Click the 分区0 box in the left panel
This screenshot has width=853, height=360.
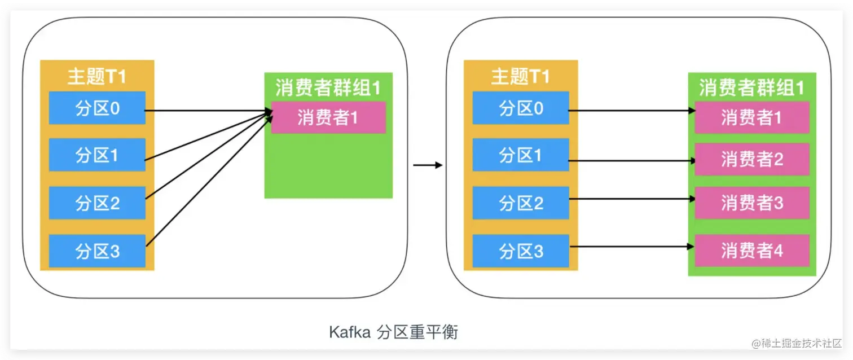tap(97, 108)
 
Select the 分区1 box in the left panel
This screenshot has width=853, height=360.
tap(97, 155)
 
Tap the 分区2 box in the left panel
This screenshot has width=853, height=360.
tap(97, 203)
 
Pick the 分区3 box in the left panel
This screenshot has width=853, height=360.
tap(97, 251)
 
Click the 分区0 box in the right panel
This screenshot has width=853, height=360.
tap(521, 108)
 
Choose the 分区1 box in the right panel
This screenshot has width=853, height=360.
tap(521, 155)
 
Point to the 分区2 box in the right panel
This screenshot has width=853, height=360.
tap(521, 203)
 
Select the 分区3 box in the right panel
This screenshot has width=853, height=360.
tap(521, 251)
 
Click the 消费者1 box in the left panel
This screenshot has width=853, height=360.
tap(328, 117)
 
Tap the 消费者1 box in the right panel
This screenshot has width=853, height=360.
tap(752, 117)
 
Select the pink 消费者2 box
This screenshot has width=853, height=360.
tap(752, 159)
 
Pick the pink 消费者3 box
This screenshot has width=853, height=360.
tap(752, 203)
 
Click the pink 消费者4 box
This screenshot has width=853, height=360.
tap(752, 251)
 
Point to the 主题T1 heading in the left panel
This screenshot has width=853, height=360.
tap(97, 76)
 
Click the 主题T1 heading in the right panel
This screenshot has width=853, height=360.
tap(521, 76)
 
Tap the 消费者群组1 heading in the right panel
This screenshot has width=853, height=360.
tap(752, 87)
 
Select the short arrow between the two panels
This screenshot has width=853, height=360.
tap(427, 165)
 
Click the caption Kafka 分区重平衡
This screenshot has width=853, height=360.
tap(393, 332)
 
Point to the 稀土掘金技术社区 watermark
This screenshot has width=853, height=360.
tap(796, 343)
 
